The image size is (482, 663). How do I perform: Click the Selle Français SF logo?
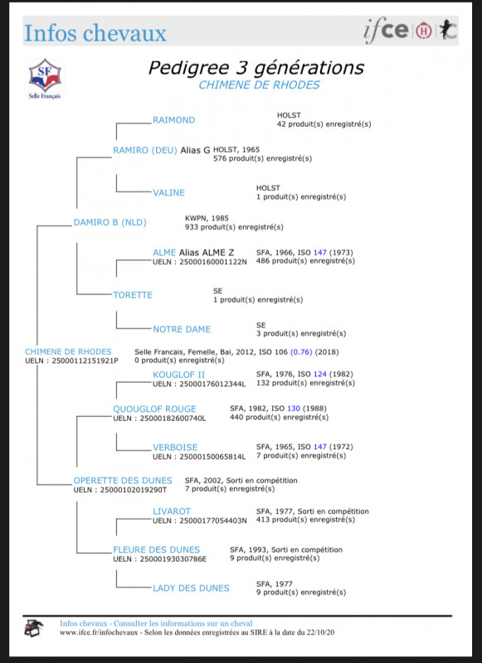pos(45,79)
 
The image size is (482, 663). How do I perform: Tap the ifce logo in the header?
pos(386,31)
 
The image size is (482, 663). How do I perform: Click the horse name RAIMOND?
pos(174,120)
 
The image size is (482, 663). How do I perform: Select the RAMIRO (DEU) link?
pos(144,150)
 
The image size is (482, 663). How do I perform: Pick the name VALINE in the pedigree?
pos(169,193)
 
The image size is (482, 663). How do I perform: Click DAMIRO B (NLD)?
pos(110,222)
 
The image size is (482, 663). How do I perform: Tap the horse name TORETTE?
pos(133,295)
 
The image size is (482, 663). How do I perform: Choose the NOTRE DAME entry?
pos(182,329)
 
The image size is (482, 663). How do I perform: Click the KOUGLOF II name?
pos(178,375)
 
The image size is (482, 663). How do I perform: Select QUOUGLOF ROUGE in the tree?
pos(154,409)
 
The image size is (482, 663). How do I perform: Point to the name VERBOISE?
pos(175,448)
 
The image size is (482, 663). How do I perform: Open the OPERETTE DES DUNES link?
pos(123,481)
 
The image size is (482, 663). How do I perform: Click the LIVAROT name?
pos(172,511)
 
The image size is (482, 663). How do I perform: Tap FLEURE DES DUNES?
pos(156,549)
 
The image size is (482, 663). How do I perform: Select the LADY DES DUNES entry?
pos(191,588)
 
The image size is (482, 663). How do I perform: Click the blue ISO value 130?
pos(294,409)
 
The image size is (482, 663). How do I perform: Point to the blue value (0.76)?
pos(301,351)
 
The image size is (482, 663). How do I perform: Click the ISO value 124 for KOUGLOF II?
pos(320,375)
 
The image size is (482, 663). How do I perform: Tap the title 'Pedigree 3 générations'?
pos(256,68)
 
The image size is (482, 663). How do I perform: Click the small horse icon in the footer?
pos(33,628)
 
